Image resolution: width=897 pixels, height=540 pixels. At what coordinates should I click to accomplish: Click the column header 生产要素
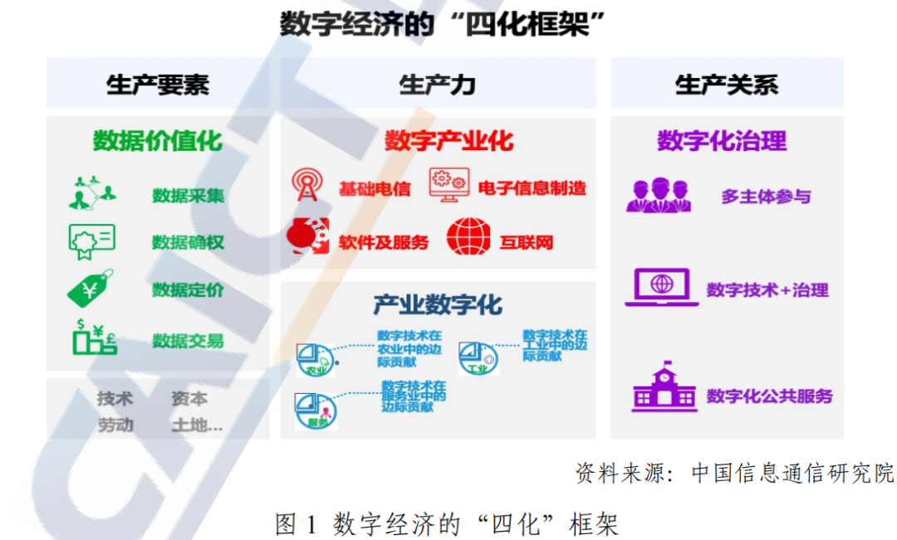[x=158, y=85]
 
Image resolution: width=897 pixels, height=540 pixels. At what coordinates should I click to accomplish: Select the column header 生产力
[x=437, y=85]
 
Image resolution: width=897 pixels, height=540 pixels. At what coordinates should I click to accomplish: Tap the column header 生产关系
[x=727, y=85]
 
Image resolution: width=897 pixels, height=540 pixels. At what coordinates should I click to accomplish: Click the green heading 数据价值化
[x=158, y=141]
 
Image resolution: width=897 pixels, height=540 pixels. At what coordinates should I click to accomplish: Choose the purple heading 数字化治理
[x=722, y=141]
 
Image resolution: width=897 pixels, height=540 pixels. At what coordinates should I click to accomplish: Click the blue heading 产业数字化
[x=438, y=304]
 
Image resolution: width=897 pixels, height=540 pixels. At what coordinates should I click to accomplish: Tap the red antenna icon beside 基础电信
[x=308, y=185]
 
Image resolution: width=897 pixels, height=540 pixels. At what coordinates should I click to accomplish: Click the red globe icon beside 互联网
[x=468, y=236]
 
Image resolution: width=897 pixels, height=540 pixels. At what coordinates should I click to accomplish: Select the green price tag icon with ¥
[x=90, y=289]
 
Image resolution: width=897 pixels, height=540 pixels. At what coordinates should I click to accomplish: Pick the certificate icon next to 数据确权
[x=91, y=241]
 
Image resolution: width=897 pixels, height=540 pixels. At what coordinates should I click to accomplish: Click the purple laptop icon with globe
[x=662, y=286]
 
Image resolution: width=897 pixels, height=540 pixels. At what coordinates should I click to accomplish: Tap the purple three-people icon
[x=659, y=195]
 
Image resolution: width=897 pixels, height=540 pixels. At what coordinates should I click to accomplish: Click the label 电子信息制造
[x=532, y=188]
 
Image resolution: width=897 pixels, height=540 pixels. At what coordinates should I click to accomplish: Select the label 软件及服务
[x=383, y=243]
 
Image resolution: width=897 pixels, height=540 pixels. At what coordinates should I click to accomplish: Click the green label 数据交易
[x=188, y=341]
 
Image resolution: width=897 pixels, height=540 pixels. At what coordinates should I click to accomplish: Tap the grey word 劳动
[x=115, y=426]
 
